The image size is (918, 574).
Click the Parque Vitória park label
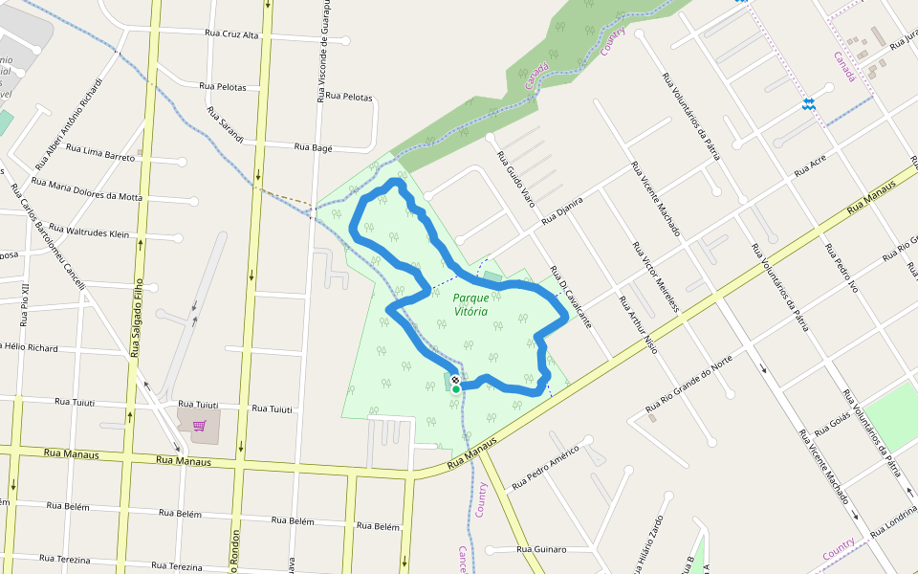(x=470, y=304)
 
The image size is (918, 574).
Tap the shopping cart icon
(x=199, y=426)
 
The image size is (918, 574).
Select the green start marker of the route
(x=456, y=389)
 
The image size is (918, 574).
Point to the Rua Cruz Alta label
(x=231, y=34)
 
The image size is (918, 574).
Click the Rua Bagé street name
(x=313, y=147)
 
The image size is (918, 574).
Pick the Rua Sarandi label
(x=225, y=125)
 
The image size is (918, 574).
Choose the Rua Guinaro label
(x=541, y=549)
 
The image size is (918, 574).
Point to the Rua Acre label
(x=809, y=166)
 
